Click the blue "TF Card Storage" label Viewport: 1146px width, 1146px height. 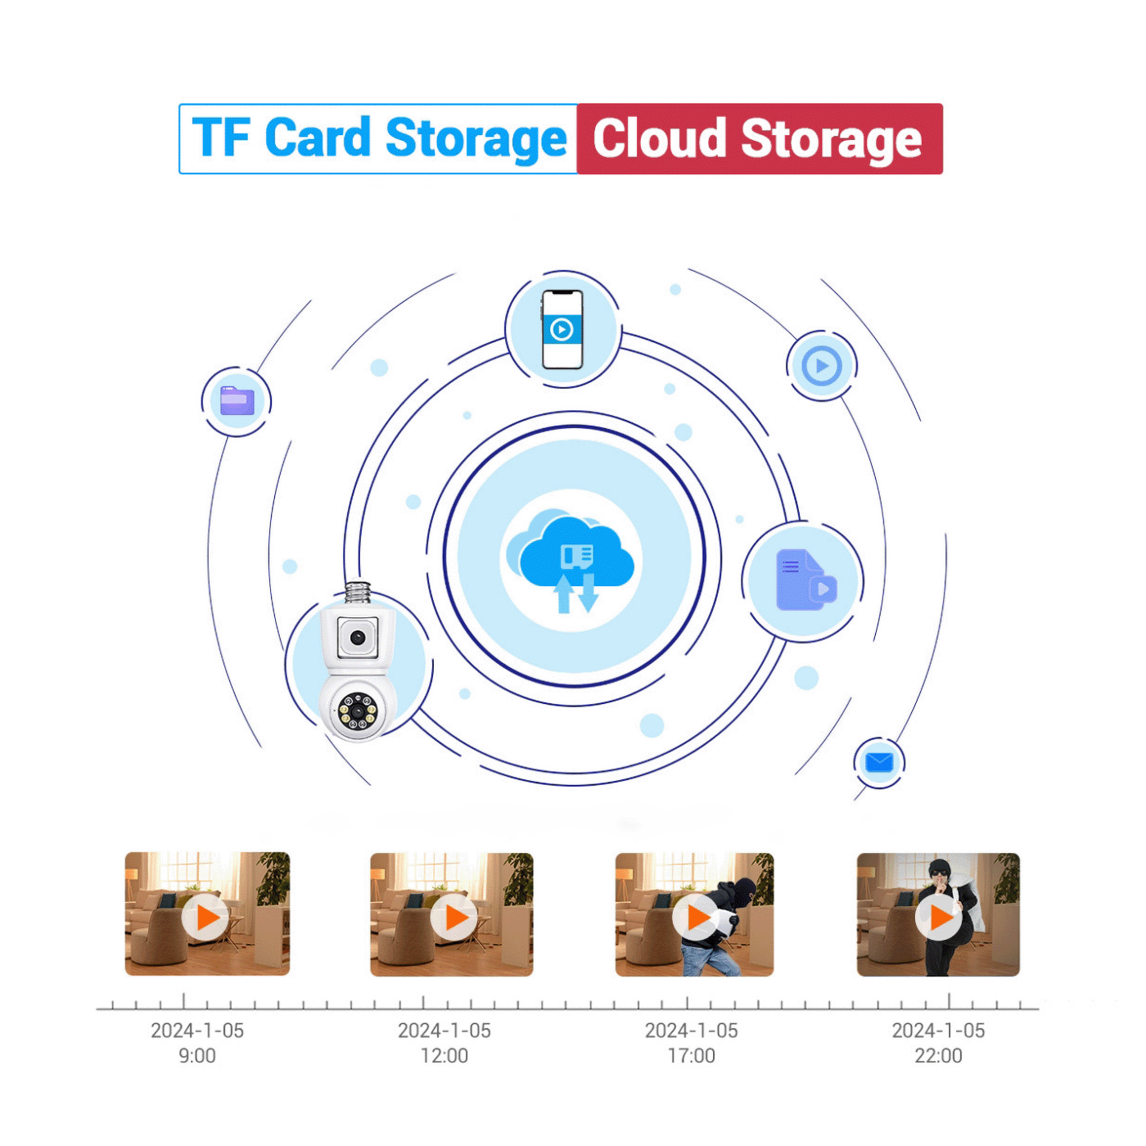click(378, 138)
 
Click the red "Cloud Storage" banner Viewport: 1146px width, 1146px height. click(758, 138)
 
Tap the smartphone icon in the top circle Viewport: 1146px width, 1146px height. click(562, 329)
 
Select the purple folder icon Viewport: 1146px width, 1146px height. click(237, 400)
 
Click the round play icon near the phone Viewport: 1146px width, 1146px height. click(822, 366)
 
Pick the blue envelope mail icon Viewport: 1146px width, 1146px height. click(879, 763)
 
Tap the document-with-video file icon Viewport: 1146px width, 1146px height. click(805, 580)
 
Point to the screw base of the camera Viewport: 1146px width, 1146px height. click(358, 592)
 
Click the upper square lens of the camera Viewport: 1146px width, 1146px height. click(358, 637)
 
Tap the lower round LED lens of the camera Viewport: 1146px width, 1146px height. click(359, 711)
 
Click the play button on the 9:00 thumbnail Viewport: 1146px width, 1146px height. click(205, 918)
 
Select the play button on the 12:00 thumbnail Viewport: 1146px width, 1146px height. click(453, 918)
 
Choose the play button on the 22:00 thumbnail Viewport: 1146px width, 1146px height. click(938, 918)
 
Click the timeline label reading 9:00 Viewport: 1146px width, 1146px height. click(197, 1056)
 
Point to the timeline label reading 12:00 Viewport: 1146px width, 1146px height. click(444, 1056)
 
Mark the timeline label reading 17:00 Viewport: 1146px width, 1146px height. click(692, 1056)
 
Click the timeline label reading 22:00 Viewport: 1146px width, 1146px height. click(939, 1056)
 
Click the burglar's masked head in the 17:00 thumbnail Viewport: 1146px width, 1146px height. click(742, 891)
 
